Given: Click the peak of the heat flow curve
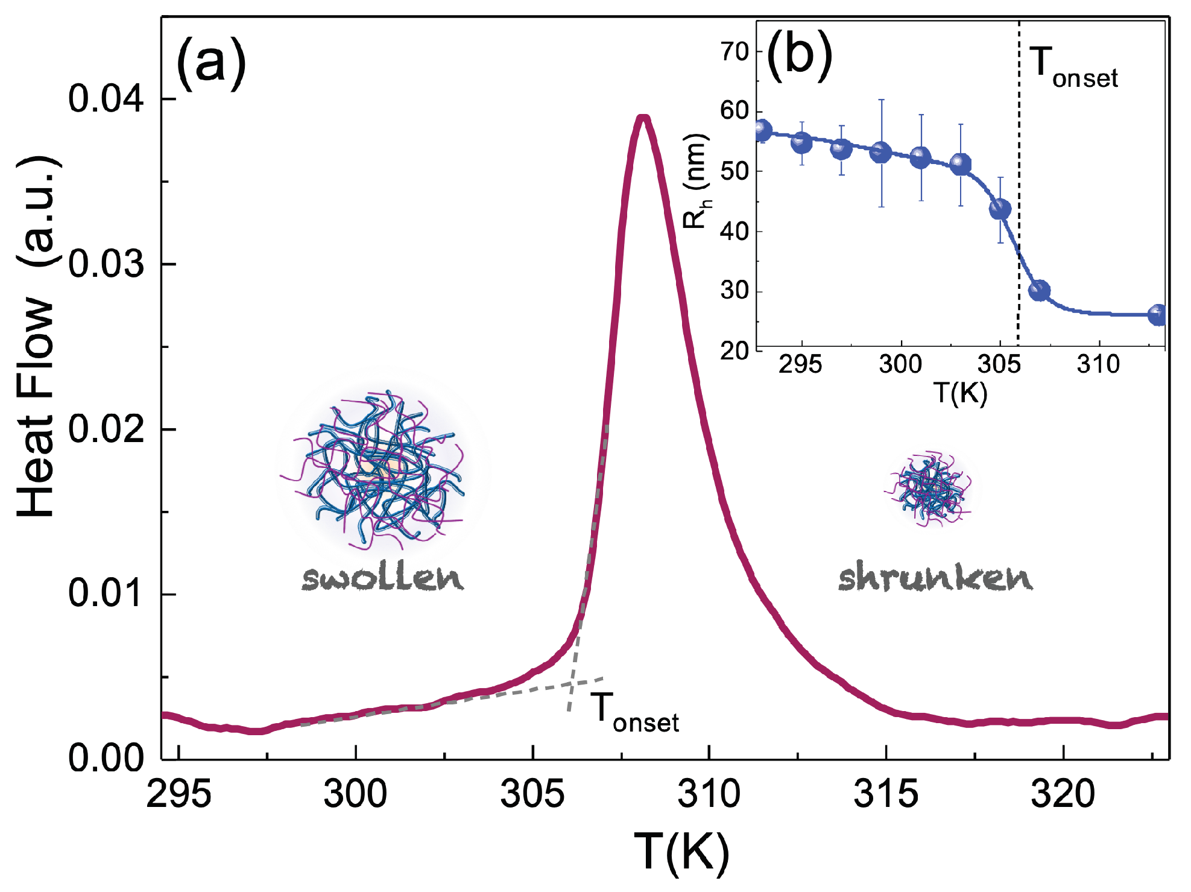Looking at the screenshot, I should [643, 118].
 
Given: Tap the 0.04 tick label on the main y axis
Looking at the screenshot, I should [106, 98].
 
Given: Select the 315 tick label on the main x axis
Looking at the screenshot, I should [886, 794].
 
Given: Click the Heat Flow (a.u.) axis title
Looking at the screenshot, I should [36, 338].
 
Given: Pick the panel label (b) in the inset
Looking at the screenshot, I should [799, 55].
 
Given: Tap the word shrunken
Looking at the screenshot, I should [935, 577].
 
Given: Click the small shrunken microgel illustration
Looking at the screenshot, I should [930, 487].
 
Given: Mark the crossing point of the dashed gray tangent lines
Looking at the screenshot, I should [572, 684].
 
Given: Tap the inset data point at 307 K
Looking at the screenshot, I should [1039, 291].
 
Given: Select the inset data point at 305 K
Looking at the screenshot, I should [1000, 209].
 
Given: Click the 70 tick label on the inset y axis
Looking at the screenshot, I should [735, 52].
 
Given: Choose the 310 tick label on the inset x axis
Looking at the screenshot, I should [1098, 365].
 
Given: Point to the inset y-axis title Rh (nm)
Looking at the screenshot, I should [695, 181].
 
